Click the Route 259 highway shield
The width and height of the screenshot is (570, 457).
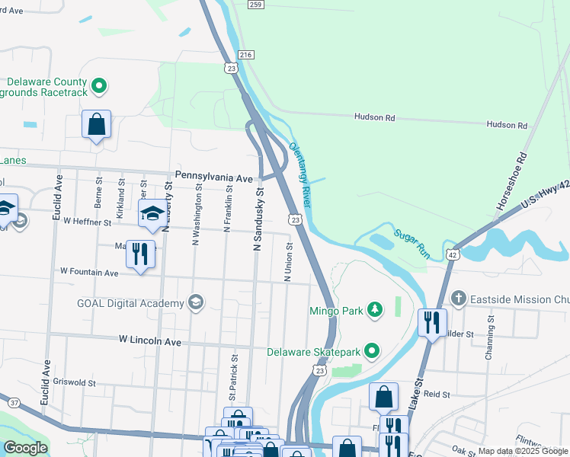coord(255,5)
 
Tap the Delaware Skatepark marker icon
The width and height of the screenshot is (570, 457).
coord(371,351)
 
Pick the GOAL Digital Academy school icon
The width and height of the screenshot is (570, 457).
coord(197,303)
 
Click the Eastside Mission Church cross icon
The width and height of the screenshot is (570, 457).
coord(457,297)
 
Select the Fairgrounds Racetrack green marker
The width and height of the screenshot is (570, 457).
coord(98,86)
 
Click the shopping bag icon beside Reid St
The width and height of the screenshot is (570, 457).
coord(383,396)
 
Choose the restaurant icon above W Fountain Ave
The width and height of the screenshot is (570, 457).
coord(140,254)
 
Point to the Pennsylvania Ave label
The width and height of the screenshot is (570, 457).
coord(213,176)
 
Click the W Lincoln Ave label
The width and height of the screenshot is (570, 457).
coord(150,342)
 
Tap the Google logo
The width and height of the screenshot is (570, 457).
coord(25,447)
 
